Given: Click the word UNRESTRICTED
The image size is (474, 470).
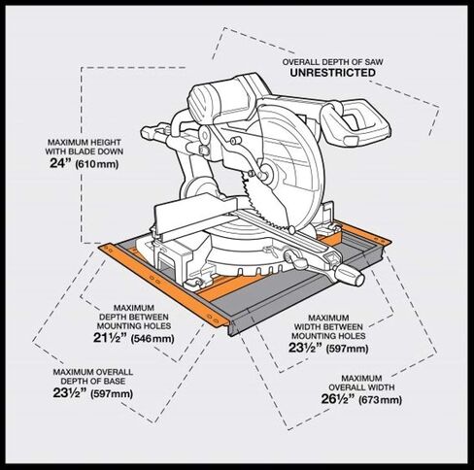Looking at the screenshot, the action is click(x=333, y=73).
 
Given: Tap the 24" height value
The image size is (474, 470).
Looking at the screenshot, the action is click(x=60, y=163).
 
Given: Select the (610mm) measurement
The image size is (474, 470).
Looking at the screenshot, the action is click(x=97, y=164).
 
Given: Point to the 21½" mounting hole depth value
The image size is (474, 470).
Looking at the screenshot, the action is click(x=110, y=338).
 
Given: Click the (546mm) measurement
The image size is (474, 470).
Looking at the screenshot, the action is click(x=152, y=339).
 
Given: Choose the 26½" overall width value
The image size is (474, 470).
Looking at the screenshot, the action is click(x=338, y=398).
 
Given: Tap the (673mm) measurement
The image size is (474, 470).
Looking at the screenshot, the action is click(x=381, y=400).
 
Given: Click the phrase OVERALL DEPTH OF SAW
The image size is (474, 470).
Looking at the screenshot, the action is click(x=332, y=61).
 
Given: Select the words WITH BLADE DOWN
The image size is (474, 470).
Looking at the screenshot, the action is click(x=85, y=151).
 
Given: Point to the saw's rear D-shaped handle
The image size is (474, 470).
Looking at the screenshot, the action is click(x=356, y=123).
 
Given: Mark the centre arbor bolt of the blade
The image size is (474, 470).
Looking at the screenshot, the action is click(x=265, y=173).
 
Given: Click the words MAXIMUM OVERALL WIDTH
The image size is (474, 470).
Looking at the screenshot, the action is click(x=361, y=383).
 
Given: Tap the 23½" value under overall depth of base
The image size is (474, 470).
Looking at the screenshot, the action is click(x=70, y=392).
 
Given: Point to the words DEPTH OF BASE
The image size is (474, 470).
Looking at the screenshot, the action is click(x=92, y=381).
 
